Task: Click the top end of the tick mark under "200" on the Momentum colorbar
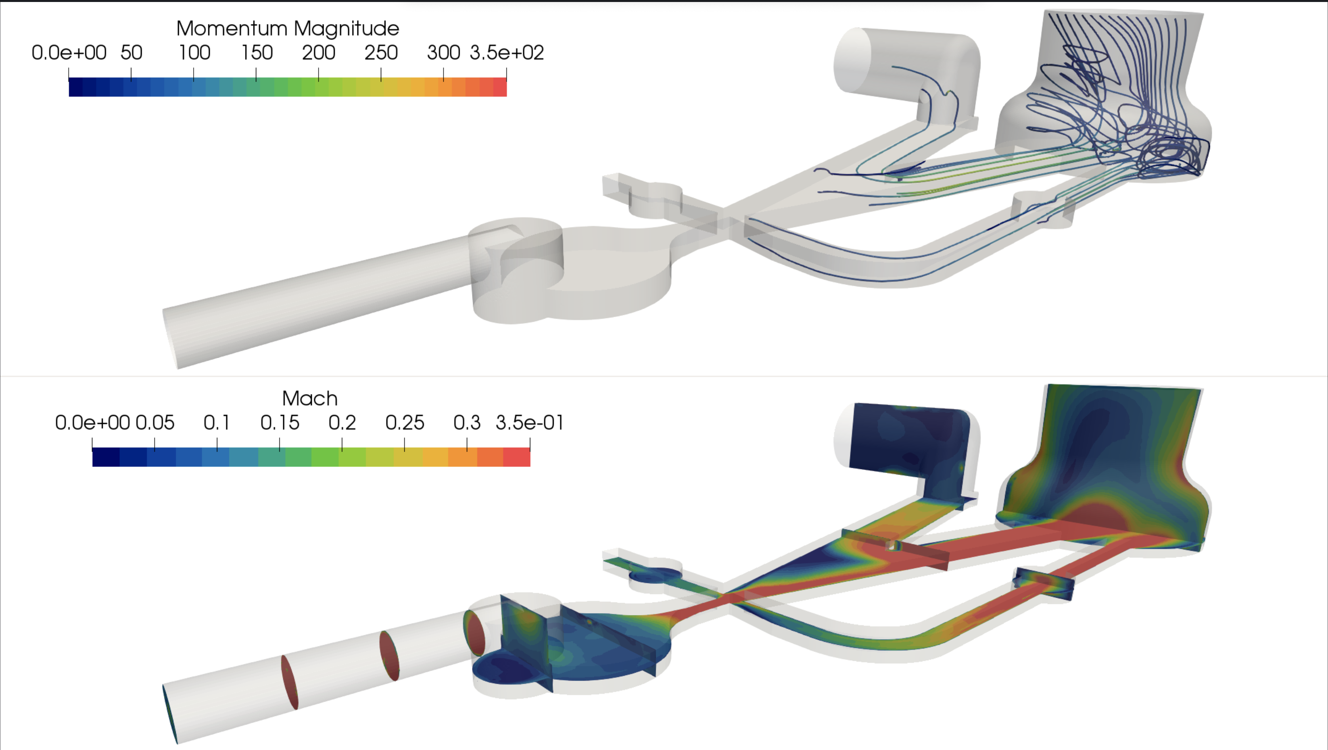tap(319, 69)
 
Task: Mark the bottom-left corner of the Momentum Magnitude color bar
tap(69, 96)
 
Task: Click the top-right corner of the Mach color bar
tap(530, 448)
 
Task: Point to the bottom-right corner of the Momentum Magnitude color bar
tap(507, 96)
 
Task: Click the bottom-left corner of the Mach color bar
tap(92, 467)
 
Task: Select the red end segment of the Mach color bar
tap(516, 457)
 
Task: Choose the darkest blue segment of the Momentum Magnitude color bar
tap(76, 87)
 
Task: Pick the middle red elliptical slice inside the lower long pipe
tap(389, 656)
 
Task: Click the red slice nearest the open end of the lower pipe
tap(290, 682)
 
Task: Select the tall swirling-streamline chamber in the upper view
tap(1103, 98)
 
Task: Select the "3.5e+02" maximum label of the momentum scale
tap(507, 53)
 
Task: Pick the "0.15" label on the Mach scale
tap(279, 423)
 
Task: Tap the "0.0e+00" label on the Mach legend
tap(92, 423)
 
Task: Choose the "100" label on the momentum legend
tap(194, 53)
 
